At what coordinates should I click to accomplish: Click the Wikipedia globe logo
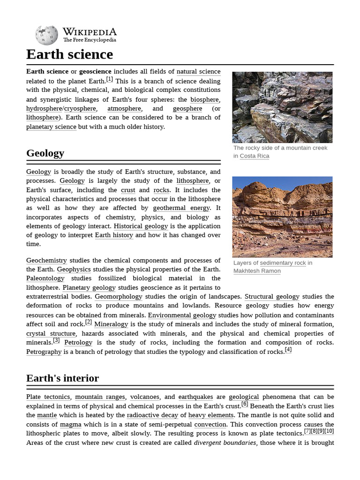tap(46, 35)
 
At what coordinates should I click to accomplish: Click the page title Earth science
tap(69, 54)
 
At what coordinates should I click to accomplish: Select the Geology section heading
tap(45, 153)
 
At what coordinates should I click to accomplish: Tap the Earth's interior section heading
tap(62, 378)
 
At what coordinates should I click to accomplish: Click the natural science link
tap(198, 72)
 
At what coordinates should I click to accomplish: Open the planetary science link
tap(51, 127)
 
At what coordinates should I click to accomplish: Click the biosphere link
tap(204, 99)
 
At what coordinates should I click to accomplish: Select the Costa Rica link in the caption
tap(255, 156)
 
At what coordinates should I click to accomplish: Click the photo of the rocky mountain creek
tap(282, 107)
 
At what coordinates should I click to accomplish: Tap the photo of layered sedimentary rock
tap(282, 217)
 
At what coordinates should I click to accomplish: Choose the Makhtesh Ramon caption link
tap(257, 271)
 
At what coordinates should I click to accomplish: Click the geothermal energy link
tap(181, 208)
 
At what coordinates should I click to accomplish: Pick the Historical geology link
tap(141, 226)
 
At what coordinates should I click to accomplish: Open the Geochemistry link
tap(46, 260)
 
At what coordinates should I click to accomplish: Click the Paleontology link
tap(45, 278)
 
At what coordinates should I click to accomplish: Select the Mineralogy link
tap(111, 324)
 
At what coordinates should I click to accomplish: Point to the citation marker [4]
tap(288, 350)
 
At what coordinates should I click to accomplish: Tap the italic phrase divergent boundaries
tap(225, 442)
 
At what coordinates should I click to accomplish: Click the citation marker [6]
tap(245, 404)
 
